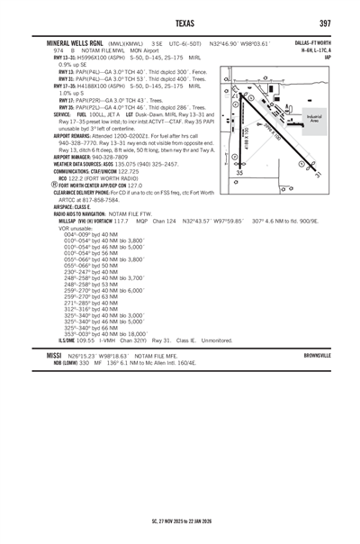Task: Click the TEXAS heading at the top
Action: tap(180, 23)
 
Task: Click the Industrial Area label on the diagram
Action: tap(314, 119)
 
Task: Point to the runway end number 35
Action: tap(238, 173)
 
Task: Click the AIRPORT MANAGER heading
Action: tap(77, 159)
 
